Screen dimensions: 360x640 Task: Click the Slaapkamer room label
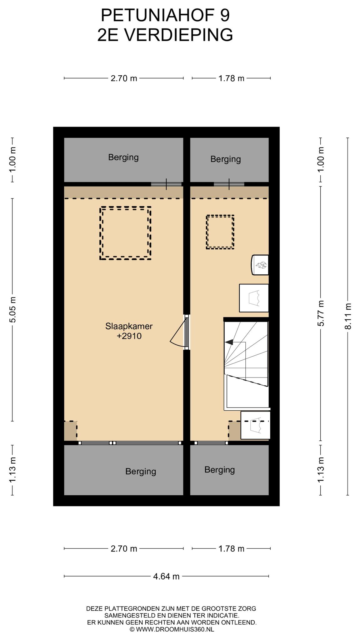(x=129, y=326)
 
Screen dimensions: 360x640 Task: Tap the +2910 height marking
(x=129, y=336)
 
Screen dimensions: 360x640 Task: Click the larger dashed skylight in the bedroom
(x=125, y=233)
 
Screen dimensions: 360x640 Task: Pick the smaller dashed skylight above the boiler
(x=220, y=232)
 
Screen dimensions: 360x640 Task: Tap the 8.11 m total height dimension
(x=348, y=316)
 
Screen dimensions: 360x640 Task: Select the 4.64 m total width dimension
(x=166, y=576)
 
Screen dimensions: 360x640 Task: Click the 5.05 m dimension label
(x=12, y=310)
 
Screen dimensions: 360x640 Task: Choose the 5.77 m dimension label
(x=321, y=313)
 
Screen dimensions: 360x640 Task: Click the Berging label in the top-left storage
(x=123, y=157)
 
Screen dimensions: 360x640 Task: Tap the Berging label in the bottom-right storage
(x=220, y=470)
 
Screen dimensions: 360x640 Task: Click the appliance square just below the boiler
(x=254, y=298)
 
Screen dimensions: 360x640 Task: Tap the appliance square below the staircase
(x=255, y=425)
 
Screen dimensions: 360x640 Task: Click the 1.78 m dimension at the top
(x=231, y=78)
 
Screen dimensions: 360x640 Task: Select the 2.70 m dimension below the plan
(x=124, y=549)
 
